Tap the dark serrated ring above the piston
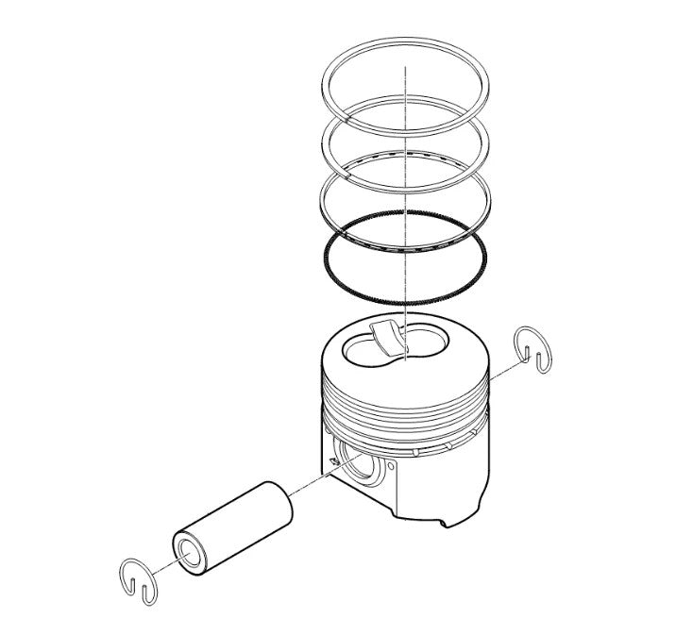[326, 259]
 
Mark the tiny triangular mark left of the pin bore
[333, 461]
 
